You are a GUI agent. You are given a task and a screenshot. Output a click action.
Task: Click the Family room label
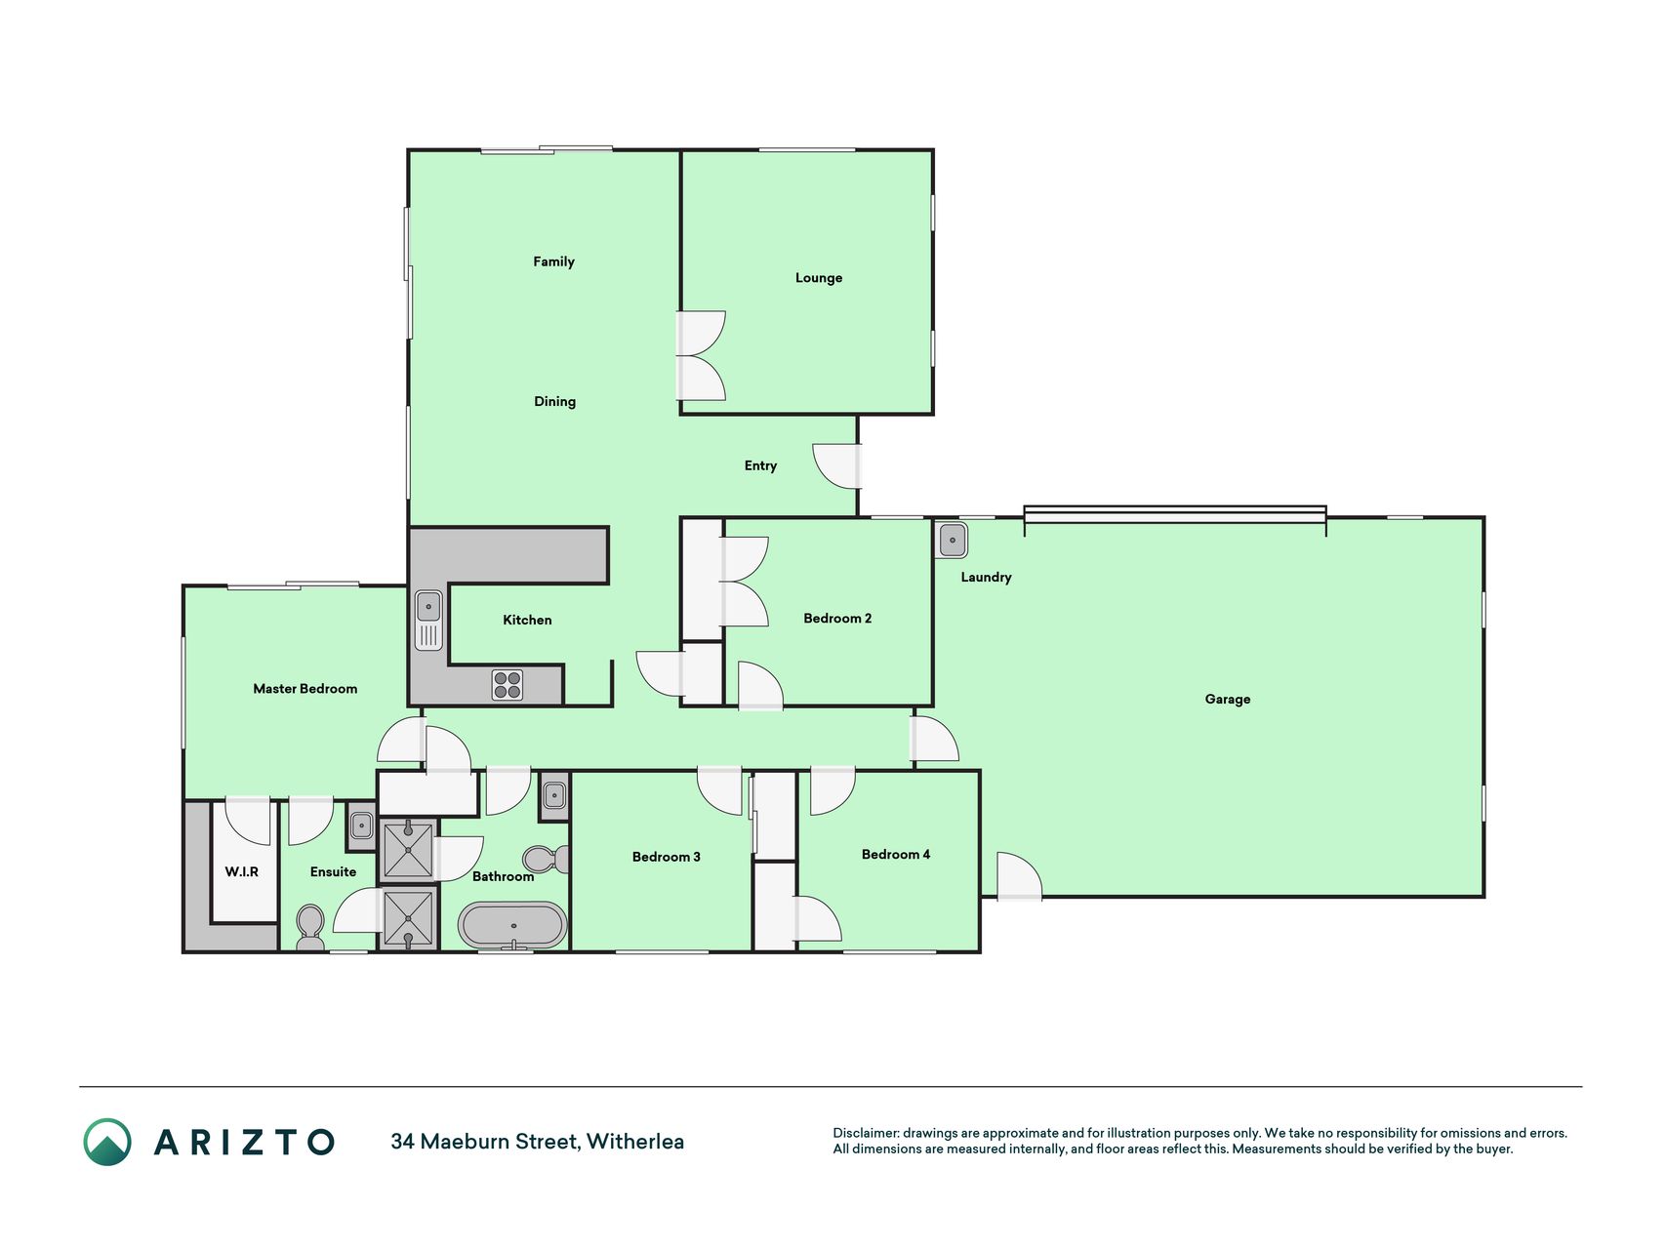pyautogui.click(x=553, y=262)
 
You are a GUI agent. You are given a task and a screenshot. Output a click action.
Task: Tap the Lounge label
pyautogui.click(x=818, y=278)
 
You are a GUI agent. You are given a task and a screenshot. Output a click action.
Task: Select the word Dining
pyautogui.click(x=554, y=402)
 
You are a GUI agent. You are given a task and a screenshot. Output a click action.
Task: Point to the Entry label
pyautogui.click(x=760, y=466)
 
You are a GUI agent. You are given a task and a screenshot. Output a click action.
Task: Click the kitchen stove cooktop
pyautogui.click(x=508, y=685)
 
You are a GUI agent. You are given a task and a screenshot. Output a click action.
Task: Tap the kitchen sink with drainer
pyautogui.click(x=428, y=621)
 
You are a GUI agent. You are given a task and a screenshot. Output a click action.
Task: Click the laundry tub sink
pyautogui.click(x=952, y=540)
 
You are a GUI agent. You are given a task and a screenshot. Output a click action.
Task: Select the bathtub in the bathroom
pyautogui.click(x=512, y=925)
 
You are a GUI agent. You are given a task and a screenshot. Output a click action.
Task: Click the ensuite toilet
pyautogui.click(x=310, y=927)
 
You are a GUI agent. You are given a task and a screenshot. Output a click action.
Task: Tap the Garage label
pyautogui.click(x=1227, y=700)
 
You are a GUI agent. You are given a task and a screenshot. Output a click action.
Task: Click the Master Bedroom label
pyautogui.click(x=305, y=689)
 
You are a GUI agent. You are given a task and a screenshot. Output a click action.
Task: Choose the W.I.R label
pyautogui.click(x=241, y=872)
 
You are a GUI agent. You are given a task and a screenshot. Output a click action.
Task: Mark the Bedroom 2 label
pyautogui.click(x=837, y=619)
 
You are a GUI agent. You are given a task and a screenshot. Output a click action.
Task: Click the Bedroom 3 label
pyautogui.click(x=666, y=858)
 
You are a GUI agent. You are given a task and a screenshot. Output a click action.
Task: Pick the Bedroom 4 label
pyautogui.click(x=895, y=855)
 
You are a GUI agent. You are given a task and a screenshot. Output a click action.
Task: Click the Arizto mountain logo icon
pyautogui.click(x=107, y=1142)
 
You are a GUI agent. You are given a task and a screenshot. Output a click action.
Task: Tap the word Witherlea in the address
pyautogui.click(x=634, y=1142)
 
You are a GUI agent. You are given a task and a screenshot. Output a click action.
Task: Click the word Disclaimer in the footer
pyautogui.click(x=866, y=1133)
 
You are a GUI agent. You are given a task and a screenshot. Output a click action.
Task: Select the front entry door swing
pyautogui.click(x=836, y=466)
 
